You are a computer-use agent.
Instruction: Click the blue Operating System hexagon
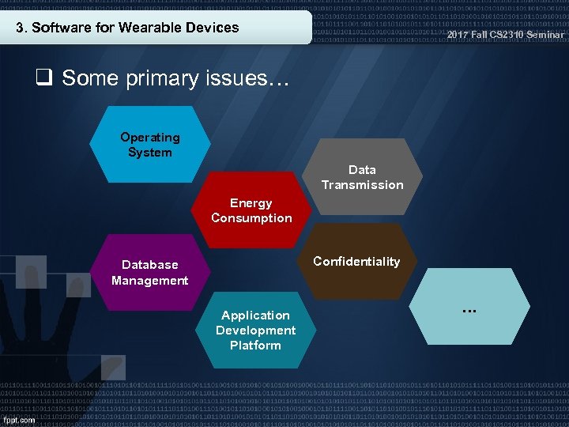[x=150, y=144]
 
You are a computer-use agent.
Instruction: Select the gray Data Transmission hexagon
[x=362, y=177]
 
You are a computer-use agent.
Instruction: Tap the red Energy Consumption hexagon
[x=251, y=210]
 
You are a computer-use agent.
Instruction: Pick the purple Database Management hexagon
[x=149, y=272]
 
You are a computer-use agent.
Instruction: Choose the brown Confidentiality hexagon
[x=356, y=262]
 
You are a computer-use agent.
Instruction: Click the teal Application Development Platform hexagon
[x=255, y=330]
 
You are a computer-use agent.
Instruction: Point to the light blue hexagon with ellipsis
[x=469, y=308]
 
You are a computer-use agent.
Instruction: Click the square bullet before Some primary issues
[x=43, y=77]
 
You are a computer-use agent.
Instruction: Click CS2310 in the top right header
[x=505, y=35]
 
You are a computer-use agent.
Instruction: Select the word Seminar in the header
[x=545, y=35]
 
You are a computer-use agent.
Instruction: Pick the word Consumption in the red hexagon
[x=251, y=218]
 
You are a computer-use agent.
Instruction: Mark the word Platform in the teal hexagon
[x=255, y=346]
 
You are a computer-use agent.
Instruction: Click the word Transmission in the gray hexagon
[x=362, y=185]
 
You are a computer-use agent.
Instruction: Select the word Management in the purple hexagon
[x=149, y=281]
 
